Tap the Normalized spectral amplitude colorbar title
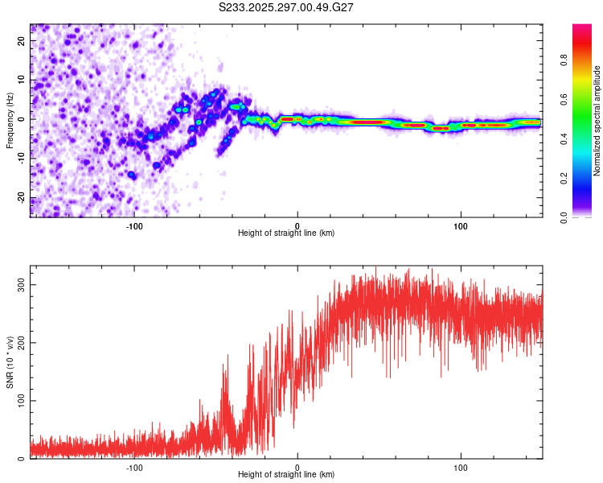[597, 121]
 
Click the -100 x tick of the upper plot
[134, 226]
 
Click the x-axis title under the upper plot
[286, 233]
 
